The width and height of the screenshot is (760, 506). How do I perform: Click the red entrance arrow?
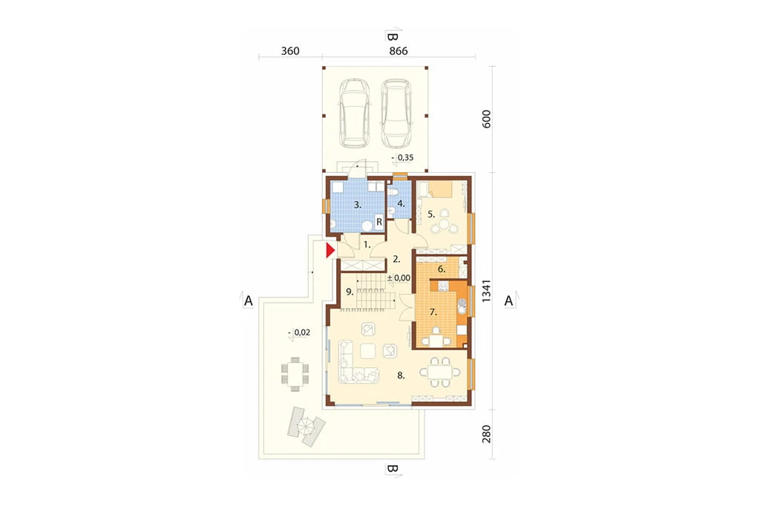330,251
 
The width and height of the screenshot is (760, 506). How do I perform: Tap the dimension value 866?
399,51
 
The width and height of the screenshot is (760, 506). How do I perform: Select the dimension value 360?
290,51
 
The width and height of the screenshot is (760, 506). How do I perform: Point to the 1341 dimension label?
486,291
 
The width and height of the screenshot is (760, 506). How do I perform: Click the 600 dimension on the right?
486,119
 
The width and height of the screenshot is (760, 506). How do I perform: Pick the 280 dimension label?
486,434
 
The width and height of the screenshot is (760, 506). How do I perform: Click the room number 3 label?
358,205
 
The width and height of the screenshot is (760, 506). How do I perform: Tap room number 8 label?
401,375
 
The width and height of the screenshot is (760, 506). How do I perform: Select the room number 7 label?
433,312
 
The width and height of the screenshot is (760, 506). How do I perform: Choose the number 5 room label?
431,214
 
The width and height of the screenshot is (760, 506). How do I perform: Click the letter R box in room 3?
379,222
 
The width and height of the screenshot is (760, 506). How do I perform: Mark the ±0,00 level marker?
399,278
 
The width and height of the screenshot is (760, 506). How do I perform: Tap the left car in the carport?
354,114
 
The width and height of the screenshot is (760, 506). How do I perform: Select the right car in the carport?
396,114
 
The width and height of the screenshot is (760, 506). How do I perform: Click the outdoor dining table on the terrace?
295,374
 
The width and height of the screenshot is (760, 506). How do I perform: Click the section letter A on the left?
248,301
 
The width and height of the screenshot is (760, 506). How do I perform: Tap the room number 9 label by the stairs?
349,292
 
